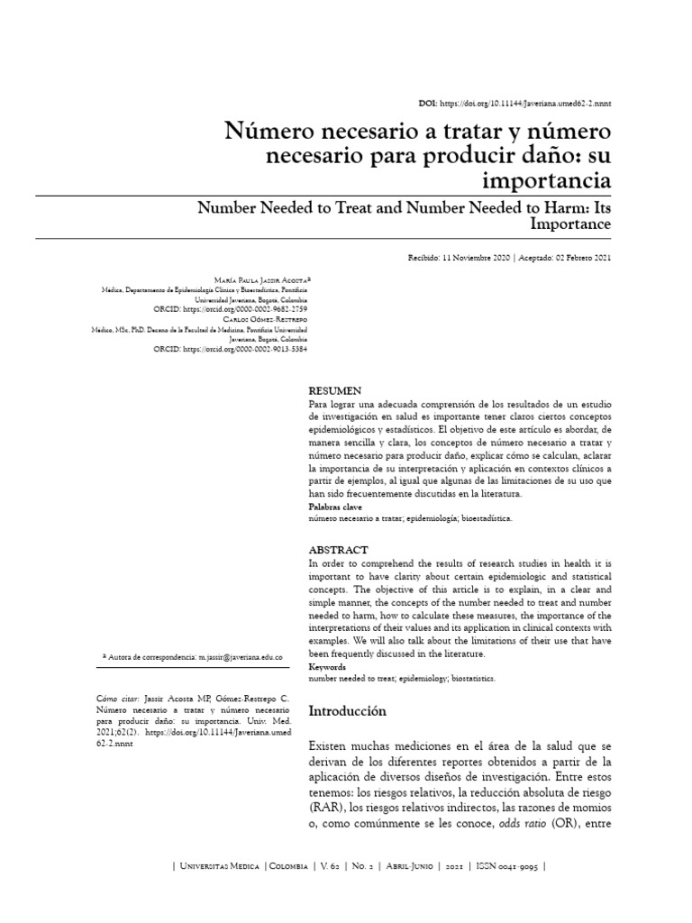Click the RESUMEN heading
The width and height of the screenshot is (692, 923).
click(335, 391)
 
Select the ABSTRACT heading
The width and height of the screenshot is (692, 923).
click(338, 550)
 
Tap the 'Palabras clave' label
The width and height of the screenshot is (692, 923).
click(335, 508)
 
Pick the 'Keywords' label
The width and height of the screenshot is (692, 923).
click(328, 667)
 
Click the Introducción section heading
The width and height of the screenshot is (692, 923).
click(347, 711)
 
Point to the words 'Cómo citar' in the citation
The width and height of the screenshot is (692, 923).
click(117, 699)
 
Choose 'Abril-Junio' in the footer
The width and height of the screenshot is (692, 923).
click(412, 866)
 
